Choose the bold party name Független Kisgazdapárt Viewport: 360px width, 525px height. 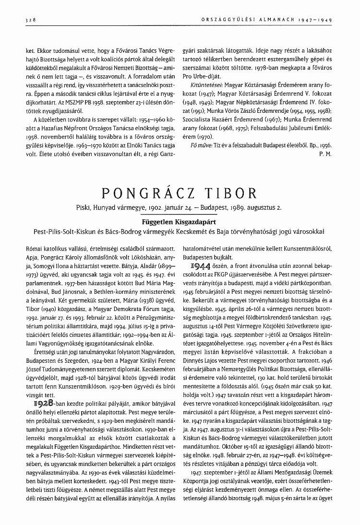point(178,223)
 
